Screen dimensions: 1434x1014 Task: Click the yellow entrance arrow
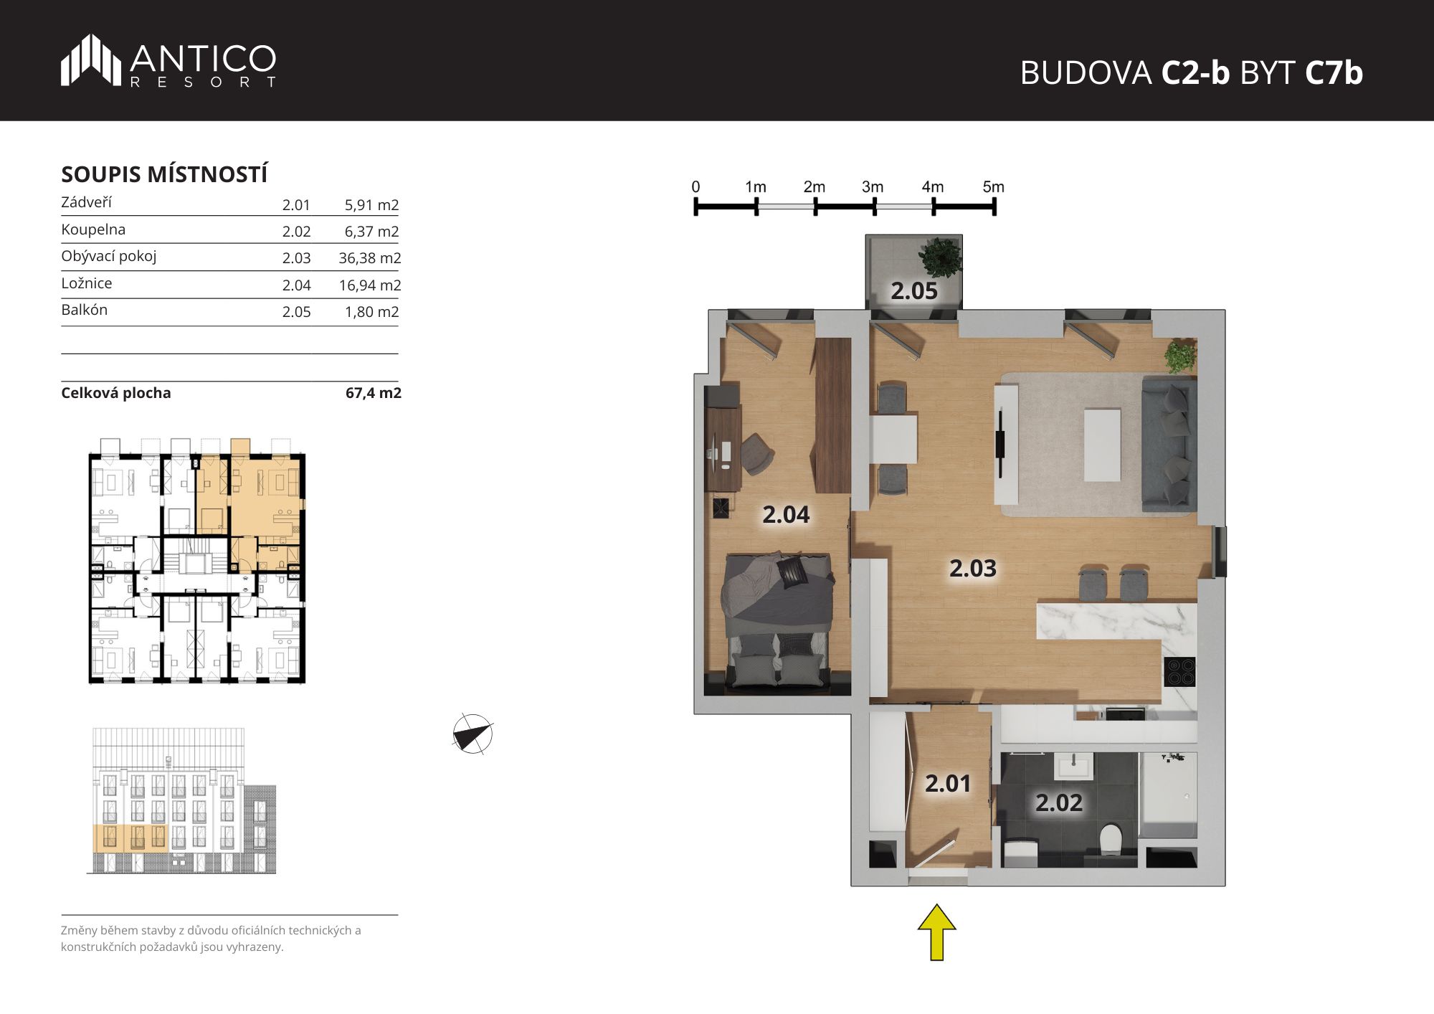(936, 932)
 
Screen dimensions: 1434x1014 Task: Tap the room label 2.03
(973, 569)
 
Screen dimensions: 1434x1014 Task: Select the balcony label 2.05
(914, 291)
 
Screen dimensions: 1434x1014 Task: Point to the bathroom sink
(1073, 767)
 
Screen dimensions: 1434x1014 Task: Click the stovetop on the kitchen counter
(1180, 672)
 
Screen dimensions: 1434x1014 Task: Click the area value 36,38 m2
(369, 258)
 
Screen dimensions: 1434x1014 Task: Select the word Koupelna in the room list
(93, 229)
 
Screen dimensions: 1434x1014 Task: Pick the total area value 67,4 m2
(373, 393)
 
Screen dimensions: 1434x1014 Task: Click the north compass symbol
(473, 734)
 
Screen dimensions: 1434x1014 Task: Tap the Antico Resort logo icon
(91, 60)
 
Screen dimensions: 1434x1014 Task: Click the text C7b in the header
(1334, 72)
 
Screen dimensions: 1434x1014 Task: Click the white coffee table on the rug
(1102, 445)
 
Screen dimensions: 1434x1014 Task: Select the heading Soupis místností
(164, 174)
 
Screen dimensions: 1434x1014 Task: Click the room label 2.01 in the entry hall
(948, 784)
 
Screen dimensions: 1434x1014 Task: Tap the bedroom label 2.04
(786, 515)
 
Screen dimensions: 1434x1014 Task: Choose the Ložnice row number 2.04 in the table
(296, 285)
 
